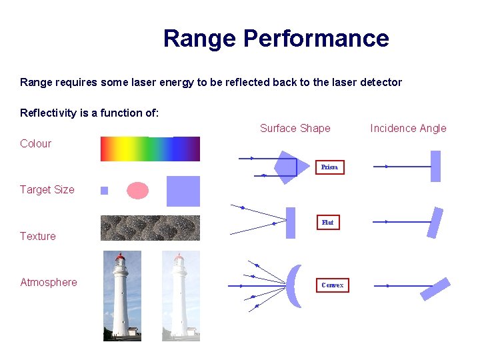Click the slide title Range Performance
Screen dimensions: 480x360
(275, 39)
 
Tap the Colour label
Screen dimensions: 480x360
(35, 143)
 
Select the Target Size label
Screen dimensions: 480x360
(47, 189)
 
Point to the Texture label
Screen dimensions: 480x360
(38, 236)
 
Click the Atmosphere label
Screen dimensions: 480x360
(49, 282)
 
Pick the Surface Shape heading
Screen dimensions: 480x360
(295, 128)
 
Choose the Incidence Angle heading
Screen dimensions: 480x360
(408, 128)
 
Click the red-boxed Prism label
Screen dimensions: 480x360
(329, 167)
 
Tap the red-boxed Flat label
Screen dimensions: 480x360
(327, 222)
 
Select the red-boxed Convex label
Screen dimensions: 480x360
(332, 285)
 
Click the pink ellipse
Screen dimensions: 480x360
(138, 191)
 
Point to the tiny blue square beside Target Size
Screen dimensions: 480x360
(104, 191)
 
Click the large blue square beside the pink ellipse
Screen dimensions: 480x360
(183, 191)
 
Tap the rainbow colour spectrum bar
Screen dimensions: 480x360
(150, 149)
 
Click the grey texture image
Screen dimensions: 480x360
(150, 227)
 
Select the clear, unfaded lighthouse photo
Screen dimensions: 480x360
(122, 295)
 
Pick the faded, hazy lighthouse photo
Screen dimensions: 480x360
(181, 295)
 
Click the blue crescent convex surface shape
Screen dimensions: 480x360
(294, 285)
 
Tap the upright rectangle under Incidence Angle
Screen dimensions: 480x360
(435, 166)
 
